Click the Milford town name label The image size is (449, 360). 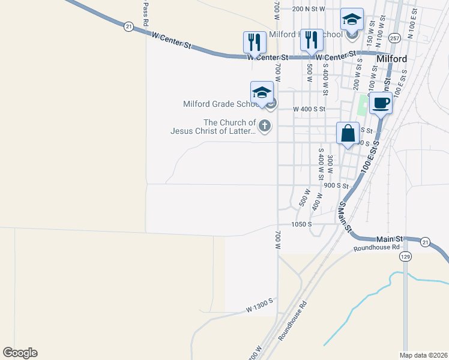[391, 59]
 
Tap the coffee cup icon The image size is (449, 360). [381, 103]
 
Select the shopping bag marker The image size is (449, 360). [348, 133]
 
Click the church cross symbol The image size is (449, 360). [264, 127]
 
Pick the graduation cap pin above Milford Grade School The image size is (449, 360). [262, 92]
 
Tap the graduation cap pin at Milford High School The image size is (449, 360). [352, 19]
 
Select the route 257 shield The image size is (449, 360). [394, 37]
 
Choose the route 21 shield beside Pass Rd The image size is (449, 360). [128, 26]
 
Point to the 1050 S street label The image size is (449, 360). [301, 224]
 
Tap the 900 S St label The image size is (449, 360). [336, 185]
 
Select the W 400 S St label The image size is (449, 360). [309, 109]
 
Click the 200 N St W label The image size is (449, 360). [309, 9]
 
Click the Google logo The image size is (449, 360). [20, 353]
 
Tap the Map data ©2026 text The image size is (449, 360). [423, 355]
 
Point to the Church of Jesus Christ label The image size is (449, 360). [212, 127]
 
